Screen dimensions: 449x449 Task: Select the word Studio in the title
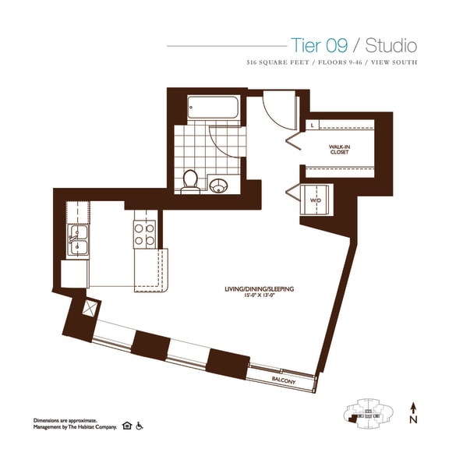(x=391, y=45)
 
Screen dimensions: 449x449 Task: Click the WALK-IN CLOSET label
(x=338, y=149)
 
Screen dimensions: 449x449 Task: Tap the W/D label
(x=316, y=200)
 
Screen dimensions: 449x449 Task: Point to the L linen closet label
(x=311, y=124)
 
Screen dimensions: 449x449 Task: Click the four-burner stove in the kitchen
(x=145, y=235)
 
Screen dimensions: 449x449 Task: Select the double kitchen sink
(x=78, y=241)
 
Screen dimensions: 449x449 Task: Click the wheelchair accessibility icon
(x=140, y=426)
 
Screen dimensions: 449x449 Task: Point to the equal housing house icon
(x=127, y=426)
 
